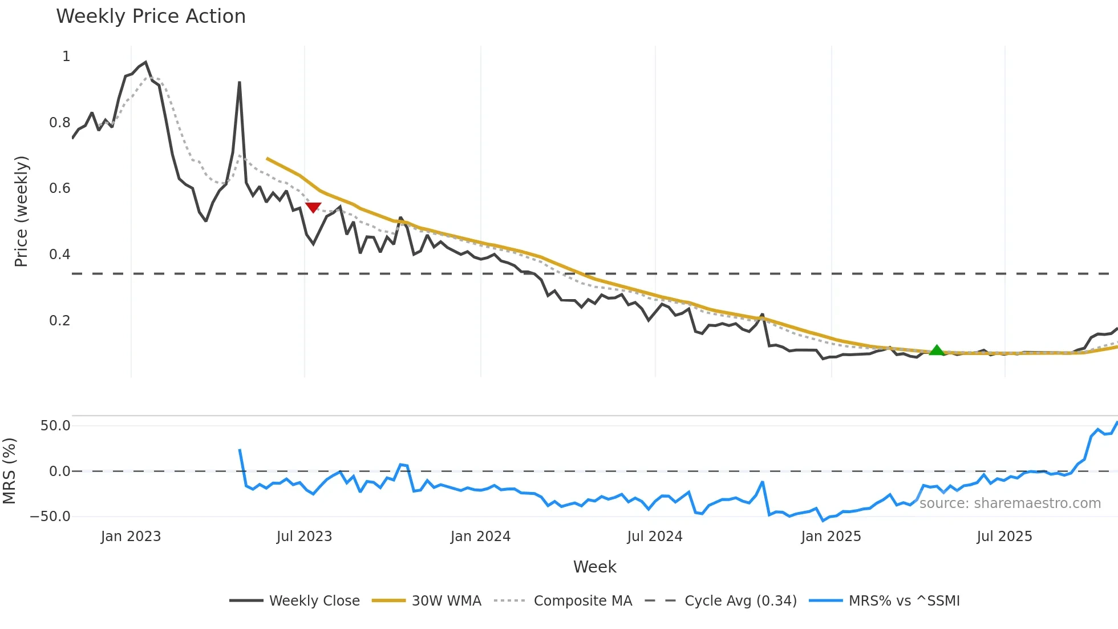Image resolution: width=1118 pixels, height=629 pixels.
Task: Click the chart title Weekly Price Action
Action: point(151,17)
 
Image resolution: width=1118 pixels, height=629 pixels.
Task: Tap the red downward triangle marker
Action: point(313,207)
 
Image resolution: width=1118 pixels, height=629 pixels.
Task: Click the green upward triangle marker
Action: point(937,350)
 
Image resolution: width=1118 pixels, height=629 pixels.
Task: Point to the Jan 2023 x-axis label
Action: point(131,537)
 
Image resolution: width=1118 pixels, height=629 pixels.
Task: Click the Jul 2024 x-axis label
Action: point(654,537)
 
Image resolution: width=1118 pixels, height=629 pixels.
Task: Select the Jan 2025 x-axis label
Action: point(831,537)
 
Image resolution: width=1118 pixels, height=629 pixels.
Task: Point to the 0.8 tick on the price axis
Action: point(59,123)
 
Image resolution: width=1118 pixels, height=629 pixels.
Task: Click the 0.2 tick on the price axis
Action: point(59,321)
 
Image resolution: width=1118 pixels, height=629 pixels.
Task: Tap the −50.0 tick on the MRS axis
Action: point(50,517)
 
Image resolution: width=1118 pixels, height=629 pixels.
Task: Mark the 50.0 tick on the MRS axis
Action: point(55,426)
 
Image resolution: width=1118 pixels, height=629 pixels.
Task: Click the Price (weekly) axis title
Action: point(21,211)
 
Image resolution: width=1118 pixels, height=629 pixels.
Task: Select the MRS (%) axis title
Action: point(9,471)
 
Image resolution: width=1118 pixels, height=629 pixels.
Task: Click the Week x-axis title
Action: point(594,567)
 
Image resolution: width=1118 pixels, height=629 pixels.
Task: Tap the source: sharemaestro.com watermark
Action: point(1010,503)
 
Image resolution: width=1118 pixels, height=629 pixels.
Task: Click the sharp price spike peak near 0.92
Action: point(240,83)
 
